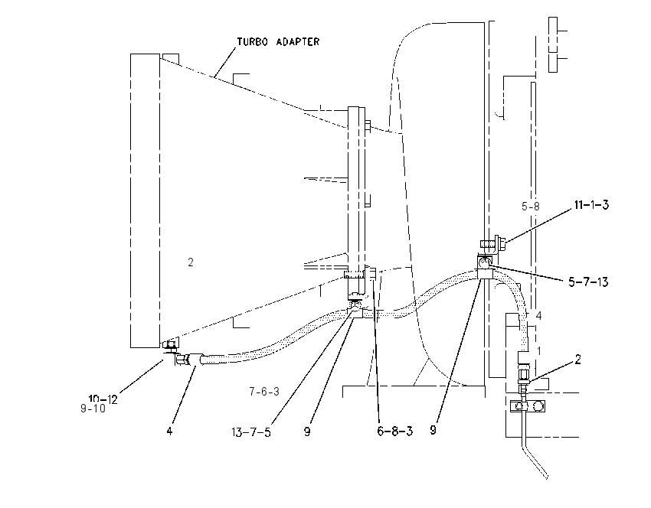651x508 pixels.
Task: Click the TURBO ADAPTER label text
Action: click(278, 42)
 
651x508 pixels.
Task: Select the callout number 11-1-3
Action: click(591, 205)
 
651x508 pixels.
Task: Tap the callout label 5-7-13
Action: click(588, 282)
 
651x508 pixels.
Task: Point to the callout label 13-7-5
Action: click(251, 432)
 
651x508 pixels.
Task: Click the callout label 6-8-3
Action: click(395, 431)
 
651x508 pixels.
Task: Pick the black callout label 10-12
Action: click(103, 399)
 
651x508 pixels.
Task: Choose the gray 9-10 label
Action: click(93, 409)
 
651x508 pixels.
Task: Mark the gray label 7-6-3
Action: click(264, 392)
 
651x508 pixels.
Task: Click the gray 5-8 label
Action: click(531, 206)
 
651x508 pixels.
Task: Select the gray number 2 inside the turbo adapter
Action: click(191, 262)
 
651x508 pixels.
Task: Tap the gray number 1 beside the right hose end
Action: click(539, 351)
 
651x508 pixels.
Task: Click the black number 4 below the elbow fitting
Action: click(169, 431)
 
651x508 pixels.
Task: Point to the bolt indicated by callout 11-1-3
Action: click(492, 243)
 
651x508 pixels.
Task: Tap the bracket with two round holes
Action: click(527, 406)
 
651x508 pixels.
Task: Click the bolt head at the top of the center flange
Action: click(368, 126)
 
